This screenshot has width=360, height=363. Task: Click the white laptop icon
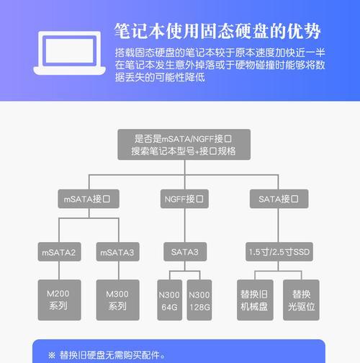coord(69,53)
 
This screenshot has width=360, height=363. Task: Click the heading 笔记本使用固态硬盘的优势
coord(217,31)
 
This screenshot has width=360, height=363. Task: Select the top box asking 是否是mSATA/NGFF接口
coord(184,145)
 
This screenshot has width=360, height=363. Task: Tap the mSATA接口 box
coord(89,199)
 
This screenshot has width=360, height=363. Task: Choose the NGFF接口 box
coord(184,199)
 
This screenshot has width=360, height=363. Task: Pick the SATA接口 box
coord(279,199)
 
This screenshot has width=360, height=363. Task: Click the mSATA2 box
coord(59,251)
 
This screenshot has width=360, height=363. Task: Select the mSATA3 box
coord(118,251)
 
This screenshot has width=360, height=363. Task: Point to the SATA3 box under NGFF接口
coord(185,251)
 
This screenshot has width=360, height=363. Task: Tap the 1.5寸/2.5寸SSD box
coord(279,251)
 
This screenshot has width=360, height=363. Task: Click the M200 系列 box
coord(59,300)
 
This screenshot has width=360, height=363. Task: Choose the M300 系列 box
coord(118,300)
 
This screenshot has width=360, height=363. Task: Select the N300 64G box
coord(170,300)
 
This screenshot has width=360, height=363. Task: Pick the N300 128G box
coord(199,300)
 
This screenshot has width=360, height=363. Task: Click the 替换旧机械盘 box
coord(255,300)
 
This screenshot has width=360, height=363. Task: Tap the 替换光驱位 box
coord(301,300)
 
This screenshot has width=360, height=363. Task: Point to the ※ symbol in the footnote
coord(52,355)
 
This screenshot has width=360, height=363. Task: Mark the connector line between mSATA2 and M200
coord(59,270)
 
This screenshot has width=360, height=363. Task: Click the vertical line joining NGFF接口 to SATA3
coord(185,225)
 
